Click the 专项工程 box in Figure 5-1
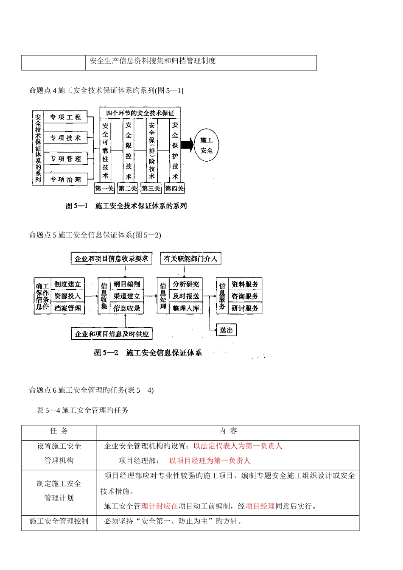click(66, 117)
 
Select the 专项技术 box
click(66, 138)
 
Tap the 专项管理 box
click(66, 159)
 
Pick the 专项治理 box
click(66, 179)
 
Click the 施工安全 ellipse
click(207, 145)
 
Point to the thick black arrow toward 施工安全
click(188, 145)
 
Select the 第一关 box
click(104, 188)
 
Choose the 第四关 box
click(174, 188)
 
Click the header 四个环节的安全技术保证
click(140, 113)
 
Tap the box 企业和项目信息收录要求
click(111, 258)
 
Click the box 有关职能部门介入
click(190, 258)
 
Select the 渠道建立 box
click(127, 296)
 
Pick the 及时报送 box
click(186, 296)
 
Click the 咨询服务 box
click(245, 296)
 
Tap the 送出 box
click(227, 330)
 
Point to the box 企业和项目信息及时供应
click(112, 334)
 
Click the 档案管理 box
click(68, 308)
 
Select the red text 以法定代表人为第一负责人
click(238, 446)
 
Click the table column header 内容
click(228, 431)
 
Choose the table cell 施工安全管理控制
click(59, 521)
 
